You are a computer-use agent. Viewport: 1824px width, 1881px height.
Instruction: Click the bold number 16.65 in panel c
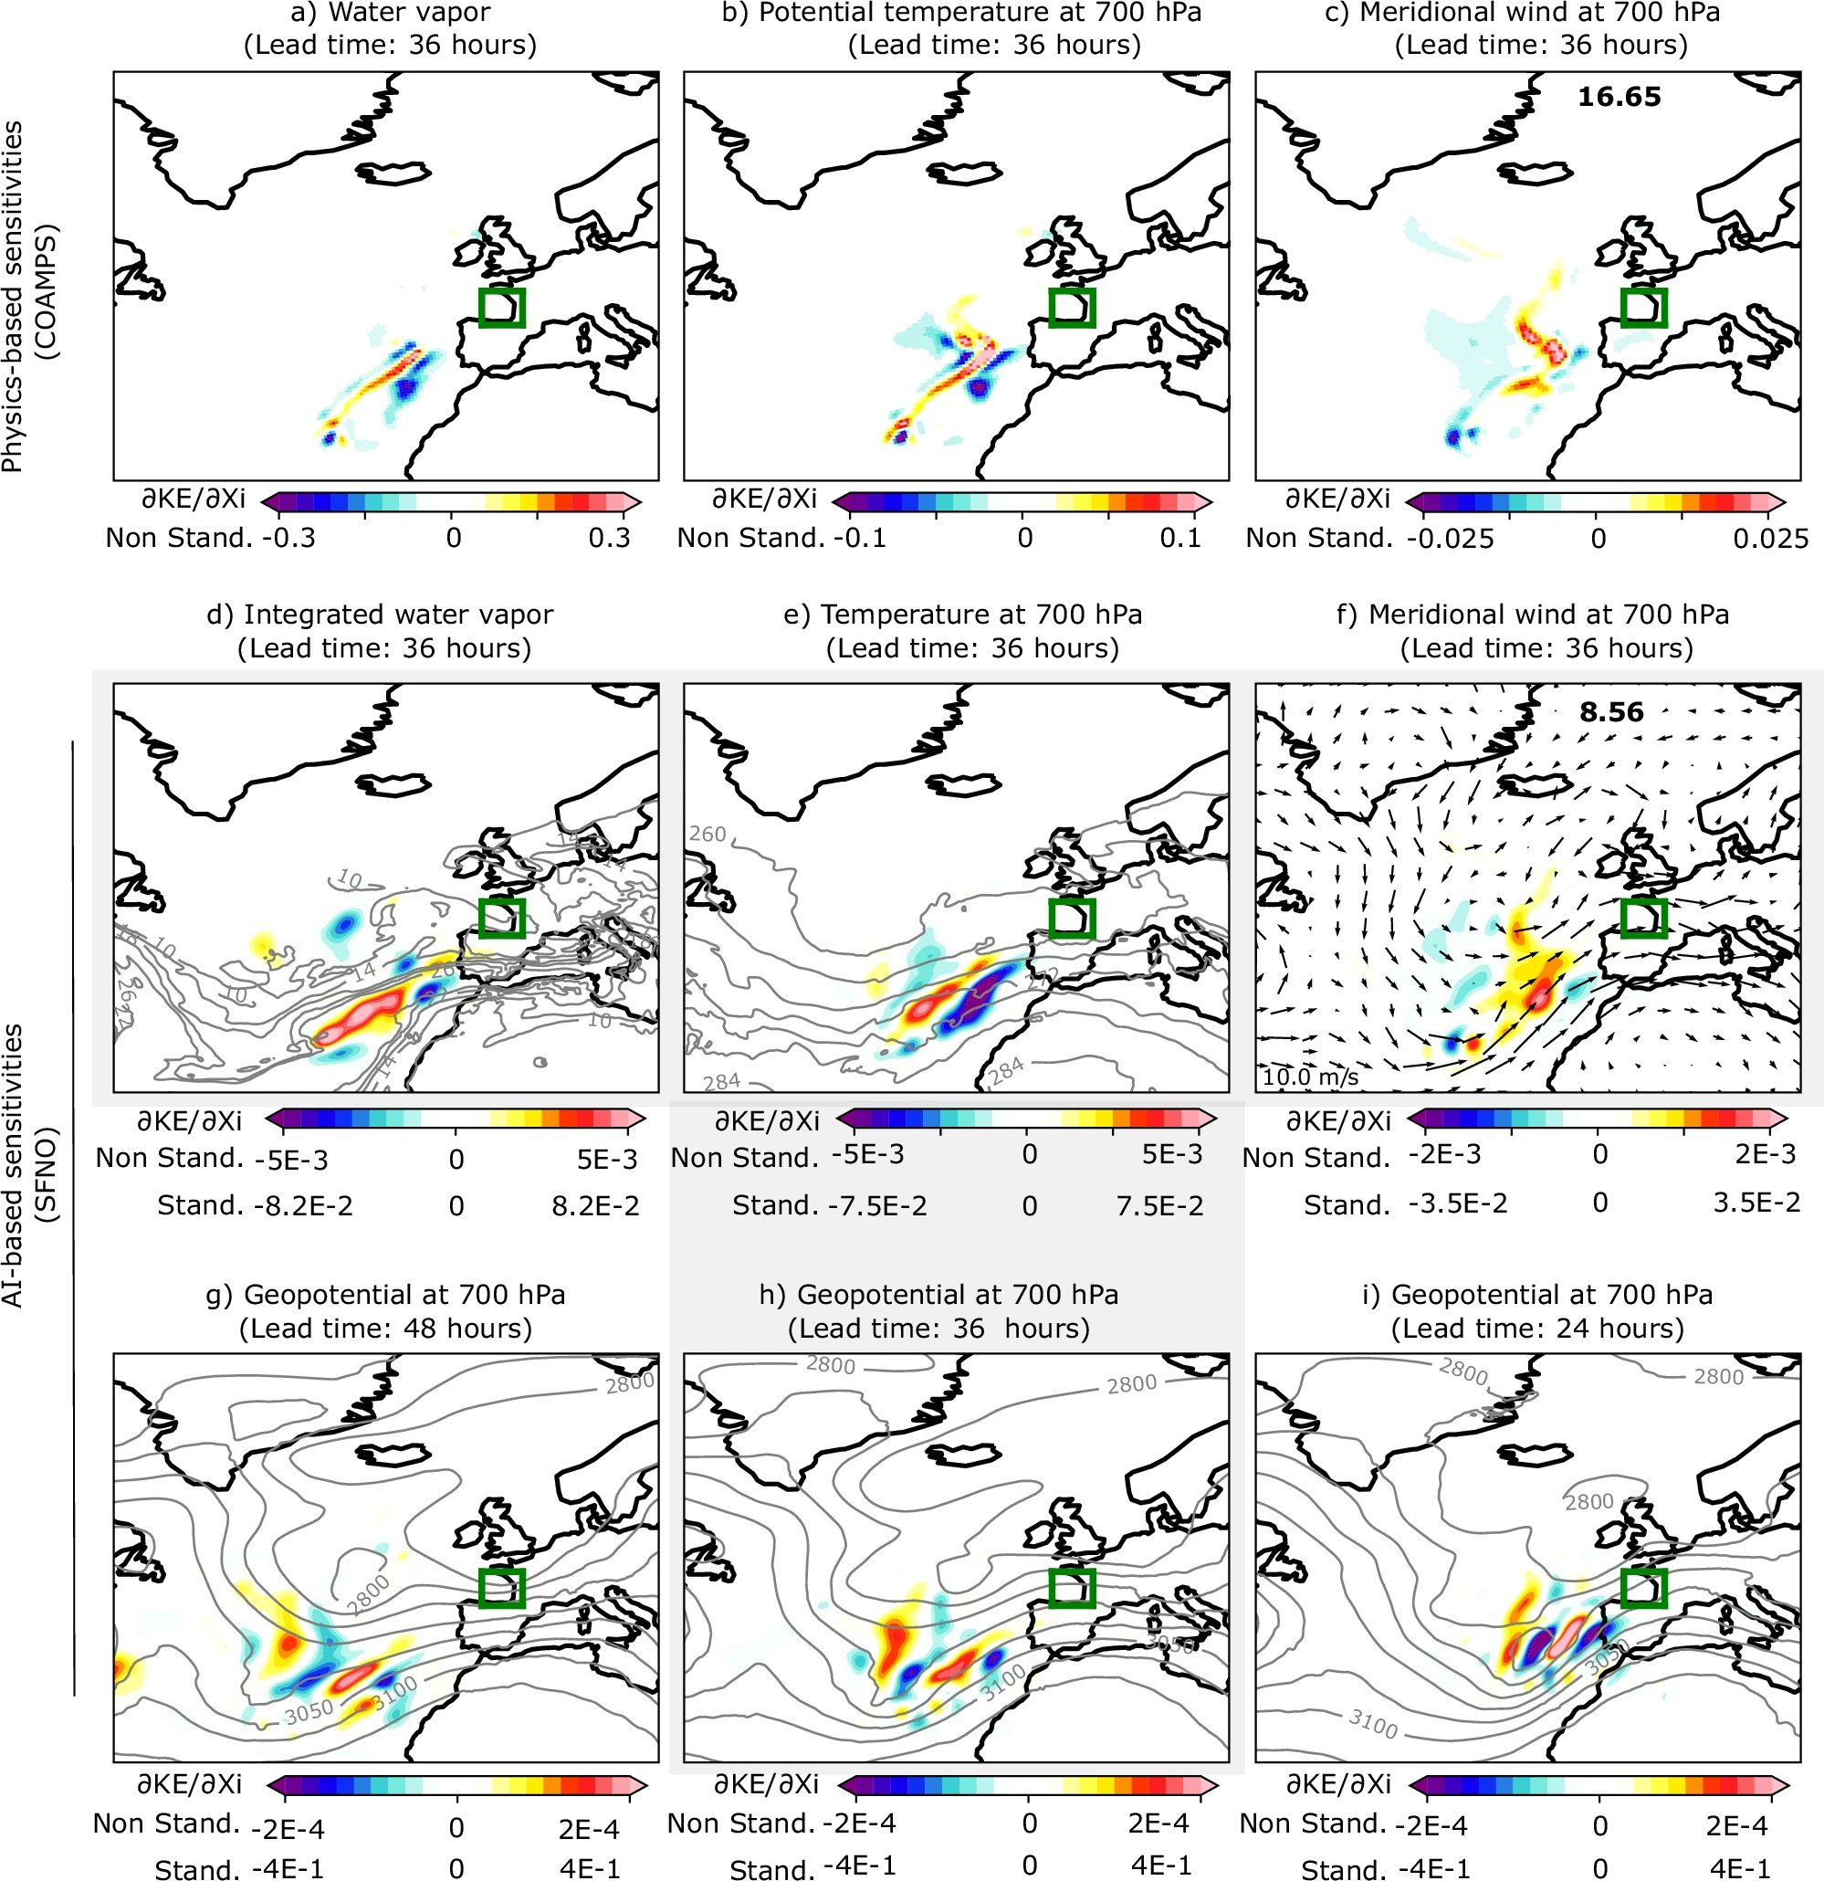click(1619, 97)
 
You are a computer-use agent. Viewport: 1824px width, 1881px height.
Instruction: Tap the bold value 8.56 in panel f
click(1611, 712)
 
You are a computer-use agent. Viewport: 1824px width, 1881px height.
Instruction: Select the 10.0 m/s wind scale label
click(1310, 1077)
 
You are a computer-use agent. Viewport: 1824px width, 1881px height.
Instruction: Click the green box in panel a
click(502, 307)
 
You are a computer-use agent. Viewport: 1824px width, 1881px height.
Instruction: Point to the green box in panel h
click(1072, 1588)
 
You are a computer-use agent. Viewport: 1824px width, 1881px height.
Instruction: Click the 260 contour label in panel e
click(708, 834)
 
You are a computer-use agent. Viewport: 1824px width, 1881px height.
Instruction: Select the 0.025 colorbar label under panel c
click(1770, 539)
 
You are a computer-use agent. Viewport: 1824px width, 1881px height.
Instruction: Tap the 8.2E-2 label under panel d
click(595, 1206)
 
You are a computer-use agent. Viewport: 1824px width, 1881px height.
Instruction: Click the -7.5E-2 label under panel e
click(878, 1206)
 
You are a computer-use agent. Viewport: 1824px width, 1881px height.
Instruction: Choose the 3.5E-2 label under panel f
click(1756, 1203)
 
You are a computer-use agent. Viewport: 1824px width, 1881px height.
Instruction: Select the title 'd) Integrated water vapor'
click(380, 615)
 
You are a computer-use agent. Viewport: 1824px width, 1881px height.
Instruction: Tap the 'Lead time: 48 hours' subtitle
click(384, 1329)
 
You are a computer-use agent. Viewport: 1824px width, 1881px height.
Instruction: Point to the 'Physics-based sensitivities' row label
click(13, 298)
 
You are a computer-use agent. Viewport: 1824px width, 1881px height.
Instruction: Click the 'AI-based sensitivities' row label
click(13, 1166)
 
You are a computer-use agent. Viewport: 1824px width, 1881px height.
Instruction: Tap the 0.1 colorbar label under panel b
click(1180, 538)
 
